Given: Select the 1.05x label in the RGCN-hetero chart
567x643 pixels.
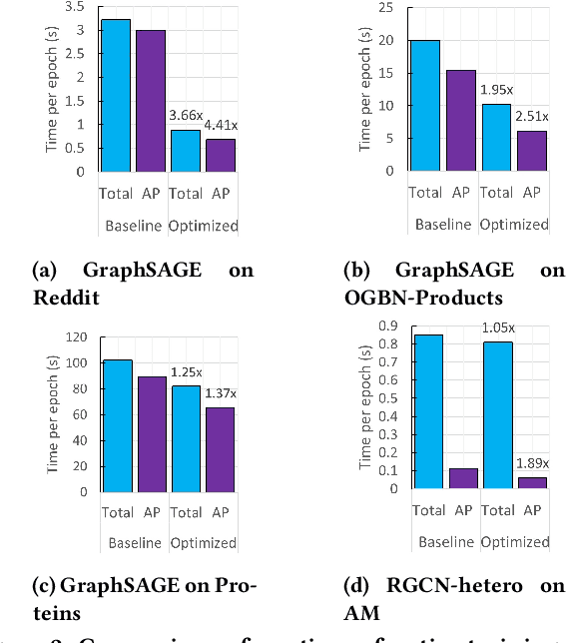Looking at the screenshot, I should coord(497,327).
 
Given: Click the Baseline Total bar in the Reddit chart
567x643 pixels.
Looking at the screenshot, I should coord(115,95).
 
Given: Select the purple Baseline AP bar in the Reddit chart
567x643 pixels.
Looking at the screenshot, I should coord(151,100).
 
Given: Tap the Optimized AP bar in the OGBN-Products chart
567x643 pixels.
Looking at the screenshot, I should coord(532,151).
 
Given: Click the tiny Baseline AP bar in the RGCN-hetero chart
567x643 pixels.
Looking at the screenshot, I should coord(461,478).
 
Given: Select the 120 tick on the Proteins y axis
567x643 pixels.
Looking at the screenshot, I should coord(75,336).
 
